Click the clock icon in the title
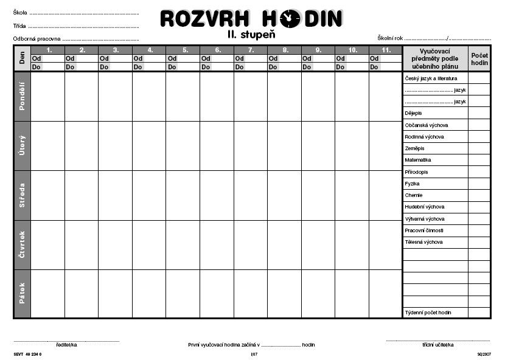(x=290, y=19)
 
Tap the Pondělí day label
(x=22, y=96)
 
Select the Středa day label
(x=22, y=195)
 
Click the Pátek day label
(x=22, y=294)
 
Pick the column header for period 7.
(x=250, y=50)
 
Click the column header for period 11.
(x=385, y=50)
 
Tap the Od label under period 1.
(x=37, y=58)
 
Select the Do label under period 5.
(x=172, y=67)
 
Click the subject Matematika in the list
(x=418, y=160)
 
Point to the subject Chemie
(x=414, y=195)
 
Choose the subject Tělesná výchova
(x=423, y=242)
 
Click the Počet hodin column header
(x=479, y=58)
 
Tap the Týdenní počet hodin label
(x=428, y=313)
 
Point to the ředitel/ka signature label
(x=66, y=345)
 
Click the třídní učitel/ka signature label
(x=437, y=345)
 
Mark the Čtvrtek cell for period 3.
(x=115, y=244)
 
